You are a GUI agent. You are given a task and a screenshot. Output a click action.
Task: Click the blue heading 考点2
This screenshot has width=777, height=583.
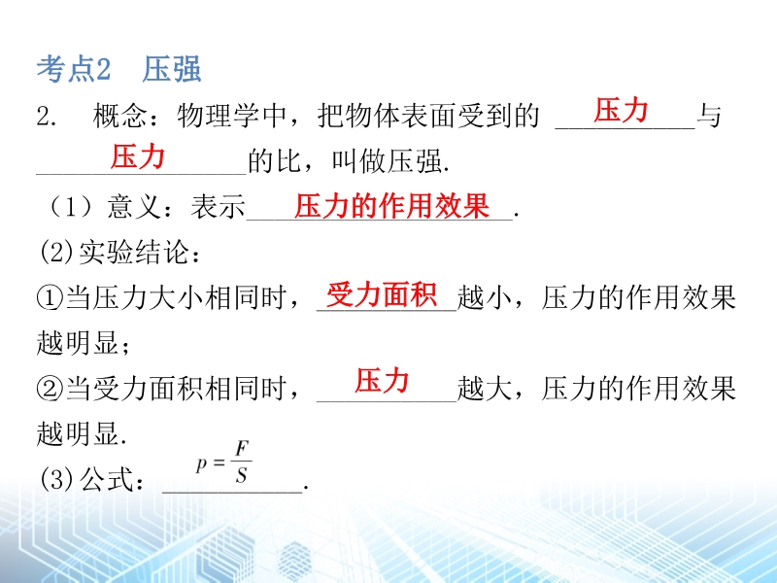(x=74, y=68)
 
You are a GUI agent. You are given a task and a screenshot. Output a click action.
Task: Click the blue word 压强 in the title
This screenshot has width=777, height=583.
(x=172, y=68)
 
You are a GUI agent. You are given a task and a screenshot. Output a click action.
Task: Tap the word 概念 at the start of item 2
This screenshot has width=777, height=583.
(x=119, y=116)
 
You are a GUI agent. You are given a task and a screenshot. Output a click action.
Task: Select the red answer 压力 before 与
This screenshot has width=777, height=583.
(x=621, y=110)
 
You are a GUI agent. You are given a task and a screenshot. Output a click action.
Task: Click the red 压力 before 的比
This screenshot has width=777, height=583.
(x=137, y=156)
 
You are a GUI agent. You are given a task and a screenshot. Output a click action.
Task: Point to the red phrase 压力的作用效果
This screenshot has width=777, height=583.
(x=392, y=205)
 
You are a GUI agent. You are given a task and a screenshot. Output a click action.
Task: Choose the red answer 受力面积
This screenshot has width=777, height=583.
(x=382, y=295)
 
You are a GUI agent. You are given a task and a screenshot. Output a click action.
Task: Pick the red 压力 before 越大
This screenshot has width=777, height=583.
(x=382, y=381)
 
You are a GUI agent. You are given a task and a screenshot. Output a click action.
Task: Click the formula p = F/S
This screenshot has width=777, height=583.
(x=224, y=463)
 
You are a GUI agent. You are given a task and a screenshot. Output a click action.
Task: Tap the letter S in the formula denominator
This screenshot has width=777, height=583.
(x=241, y=476)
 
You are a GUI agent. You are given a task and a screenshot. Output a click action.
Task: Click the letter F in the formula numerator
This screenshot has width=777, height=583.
(x=242, y=449)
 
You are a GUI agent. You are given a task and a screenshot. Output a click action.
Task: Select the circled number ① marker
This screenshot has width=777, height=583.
(x=51, y=298)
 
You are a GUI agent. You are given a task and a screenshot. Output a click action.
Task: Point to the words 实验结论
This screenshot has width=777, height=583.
(x=134, y=253)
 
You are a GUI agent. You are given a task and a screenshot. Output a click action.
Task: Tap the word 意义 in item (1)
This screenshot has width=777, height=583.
(x=134, y=207)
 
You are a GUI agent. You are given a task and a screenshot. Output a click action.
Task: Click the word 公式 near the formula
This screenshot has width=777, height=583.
(x=107, y=479)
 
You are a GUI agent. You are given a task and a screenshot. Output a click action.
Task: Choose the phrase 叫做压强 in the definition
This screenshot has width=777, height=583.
(x=387, y=161)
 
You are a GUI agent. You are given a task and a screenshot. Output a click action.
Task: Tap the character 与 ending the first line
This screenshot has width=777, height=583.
(x=709, y=116)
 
